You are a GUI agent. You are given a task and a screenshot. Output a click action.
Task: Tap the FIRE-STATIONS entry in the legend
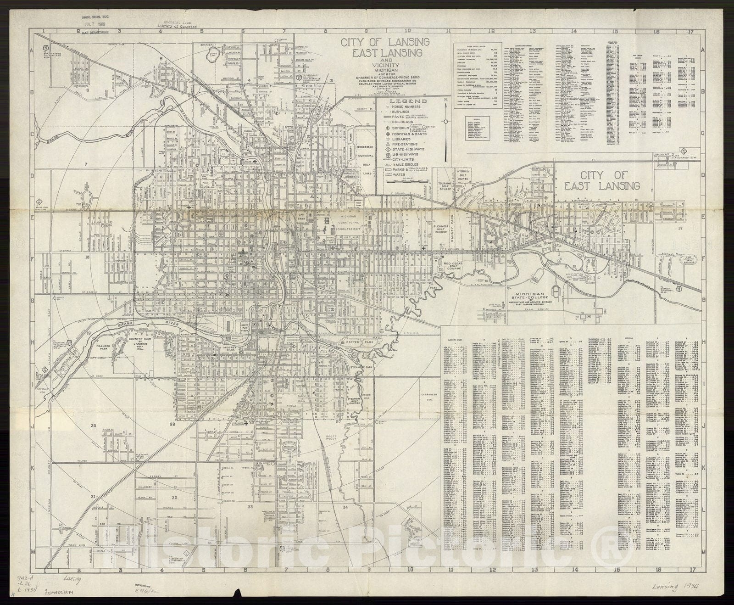tap(404, 143)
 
